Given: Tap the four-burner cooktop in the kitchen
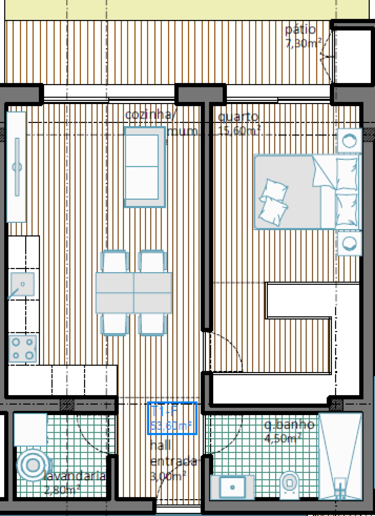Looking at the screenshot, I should (x=23, y=349).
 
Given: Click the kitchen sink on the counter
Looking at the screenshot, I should (x=22, y=284).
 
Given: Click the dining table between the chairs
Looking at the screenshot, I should (x=134, y=293).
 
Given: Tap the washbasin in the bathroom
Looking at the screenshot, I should (x=232, y=487).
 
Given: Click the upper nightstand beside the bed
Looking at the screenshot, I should (x=349, y=140).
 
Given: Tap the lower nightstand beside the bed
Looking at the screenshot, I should (x=349, y=243).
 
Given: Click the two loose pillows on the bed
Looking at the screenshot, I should (x=273, y=202).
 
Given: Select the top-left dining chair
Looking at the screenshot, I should (x=115, y=260).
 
